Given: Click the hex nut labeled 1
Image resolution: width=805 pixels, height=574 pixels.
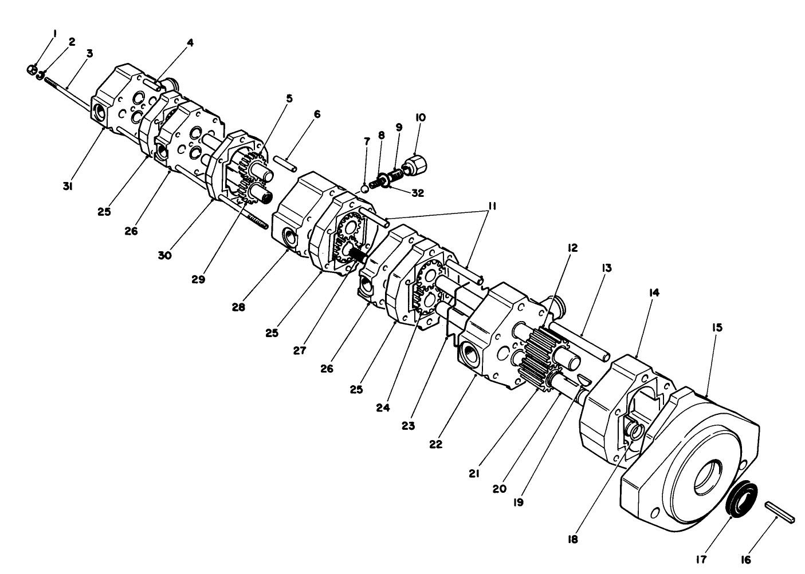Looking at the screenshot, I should [32, 70].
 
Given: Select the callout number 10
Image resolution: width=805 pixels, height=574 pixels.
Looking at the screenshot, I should [421, 117].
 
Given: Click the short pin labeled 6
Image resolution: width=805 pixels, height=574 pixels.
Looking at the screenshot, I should [285, 160].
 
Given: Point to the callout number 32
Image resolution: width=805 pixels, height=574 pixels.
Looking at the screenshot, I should [418, 193].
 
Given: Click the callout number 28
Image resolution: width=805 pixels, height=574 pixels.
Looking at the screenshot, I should [238, 307].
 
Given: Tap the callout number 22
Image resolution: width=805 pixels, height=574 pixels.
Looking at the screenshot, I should [436, 444].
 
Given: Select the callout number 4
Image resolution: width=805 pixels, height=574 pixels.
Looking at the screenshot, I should [190, 42].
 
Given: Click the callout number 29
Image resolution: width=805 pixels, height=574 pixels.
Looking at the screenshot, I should [199, 279].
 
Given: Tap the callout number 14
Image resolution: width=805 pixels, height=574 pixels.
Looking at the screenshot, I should [654, 292].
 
